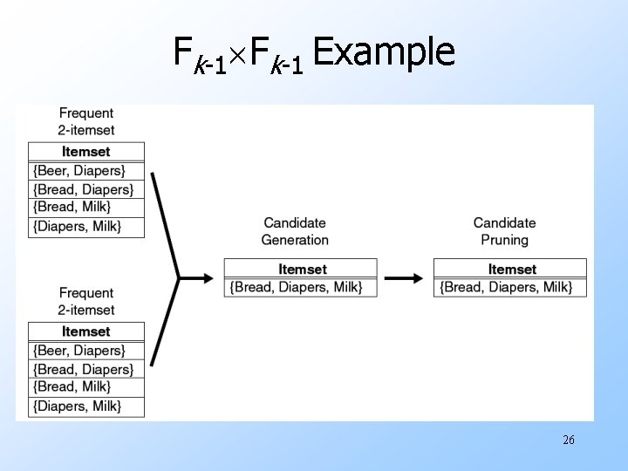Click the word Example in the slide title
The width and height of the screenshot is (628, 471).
(384, 52)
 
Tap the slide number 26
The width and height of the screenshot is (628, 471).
(569, 440)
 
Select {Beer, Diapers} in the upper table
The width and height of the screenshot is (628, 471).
(79, 171)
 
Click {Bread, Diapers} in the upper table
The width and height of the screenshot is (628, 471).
(84, 189)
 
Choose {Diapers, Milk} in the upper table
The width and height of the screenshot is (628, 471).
(77, 226)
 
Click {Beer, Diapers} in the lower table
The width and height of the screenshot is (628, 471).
(79, 351)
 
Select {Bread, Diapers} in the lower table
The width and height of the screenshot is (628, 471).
(84, 369)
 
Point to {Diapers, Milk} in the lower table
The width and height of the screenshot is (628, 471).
(77, 406)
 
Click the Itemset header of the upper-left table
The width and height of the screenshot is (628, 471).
(86, 152)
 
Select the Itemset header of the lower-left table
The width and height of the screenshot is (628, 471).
(86, 331)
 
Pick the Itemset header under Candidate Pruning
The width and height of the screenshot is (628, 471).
(512, 269)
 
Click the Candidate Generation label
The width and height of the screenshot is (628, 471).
(295, 231)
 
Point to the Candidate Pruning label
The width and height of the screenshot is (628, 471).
(504, 231)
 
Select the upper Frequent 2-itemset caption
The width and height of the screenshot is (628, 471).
(86, 121)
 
